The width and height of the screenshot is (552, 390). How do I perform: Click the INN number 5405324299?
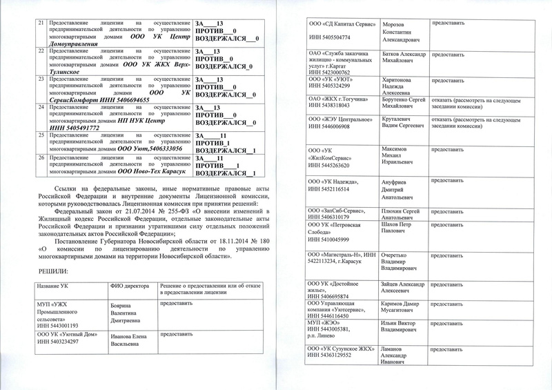coord(344,86)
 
